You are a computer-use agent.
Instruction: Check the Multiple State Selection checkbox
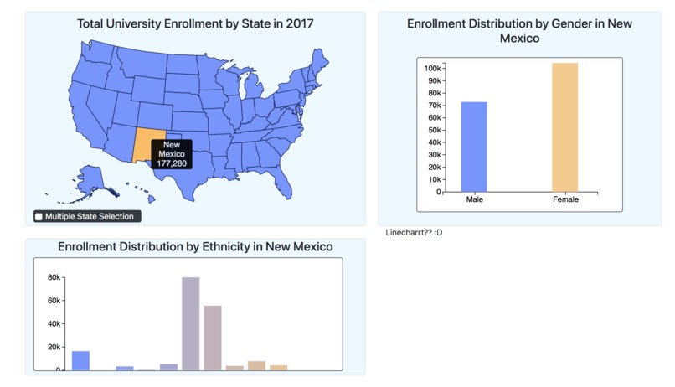point(39,217)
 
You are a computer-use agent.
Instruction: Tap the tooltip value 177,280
point(172,163)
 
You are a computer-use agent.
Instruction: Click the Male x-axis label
point(474,200)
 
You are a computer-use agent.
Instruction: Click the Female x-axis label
point(565,200)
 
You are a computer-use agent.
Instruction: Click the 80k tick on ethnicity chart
point(54,277)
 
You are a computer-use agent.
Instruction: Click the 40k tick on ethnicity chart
point(54,324)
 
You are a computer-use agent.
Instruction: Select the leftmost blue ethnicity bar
point(80,360)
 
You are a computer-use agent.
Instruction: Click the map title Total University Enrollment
point(195,24)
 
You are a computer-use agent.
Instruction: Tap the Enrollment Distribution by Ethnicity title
point(195,247)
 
